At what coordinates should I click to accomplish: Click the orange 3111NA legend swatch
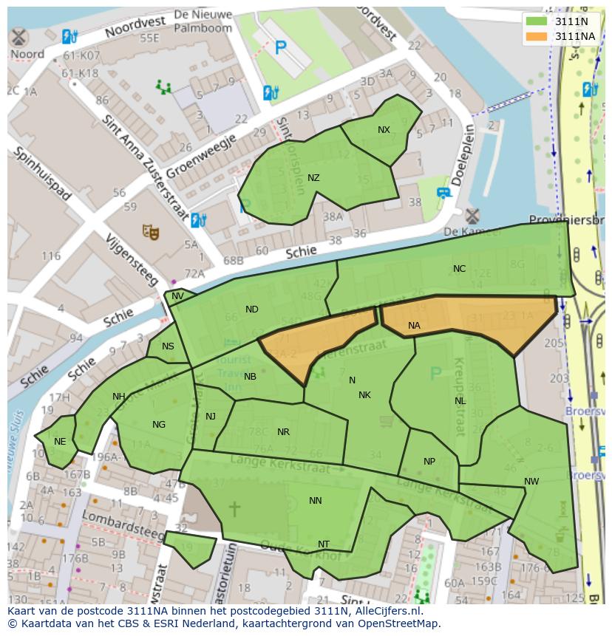pos(537,35)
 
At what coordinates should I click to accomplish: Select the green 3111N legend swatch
pos(537,21)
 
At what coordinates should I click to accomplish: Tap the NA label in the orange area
pos(414,325)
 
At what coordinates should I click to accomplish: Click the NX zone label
pos(384,130)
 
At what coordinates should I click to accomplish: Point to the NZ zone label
pos(313,178)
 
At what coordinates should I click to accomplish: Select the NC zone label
pos(459,269)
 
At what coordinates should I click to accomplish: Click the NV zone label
pos(177,296)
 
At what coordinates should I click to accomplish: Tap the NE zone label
pos(60,442)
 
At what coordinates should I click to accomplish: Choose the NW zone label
pos(531,482)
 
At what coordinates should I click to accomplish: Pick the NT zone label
pos(323,544)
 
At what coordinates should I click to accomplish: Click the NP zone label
pos(429,462)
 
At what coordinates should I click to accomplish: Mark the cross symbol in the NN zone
pos(234,508)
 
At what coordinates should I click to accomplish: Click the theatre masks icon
pos(151,232)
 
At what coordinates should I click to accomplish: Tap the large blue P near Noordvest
pos(280,48)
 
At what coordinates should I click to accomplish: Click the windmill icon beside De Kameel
pos(472,216)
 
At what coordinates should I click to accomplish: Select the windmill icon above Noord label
pos(18,36)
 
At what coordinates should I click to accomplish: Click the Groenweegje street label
pos(201,156)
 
